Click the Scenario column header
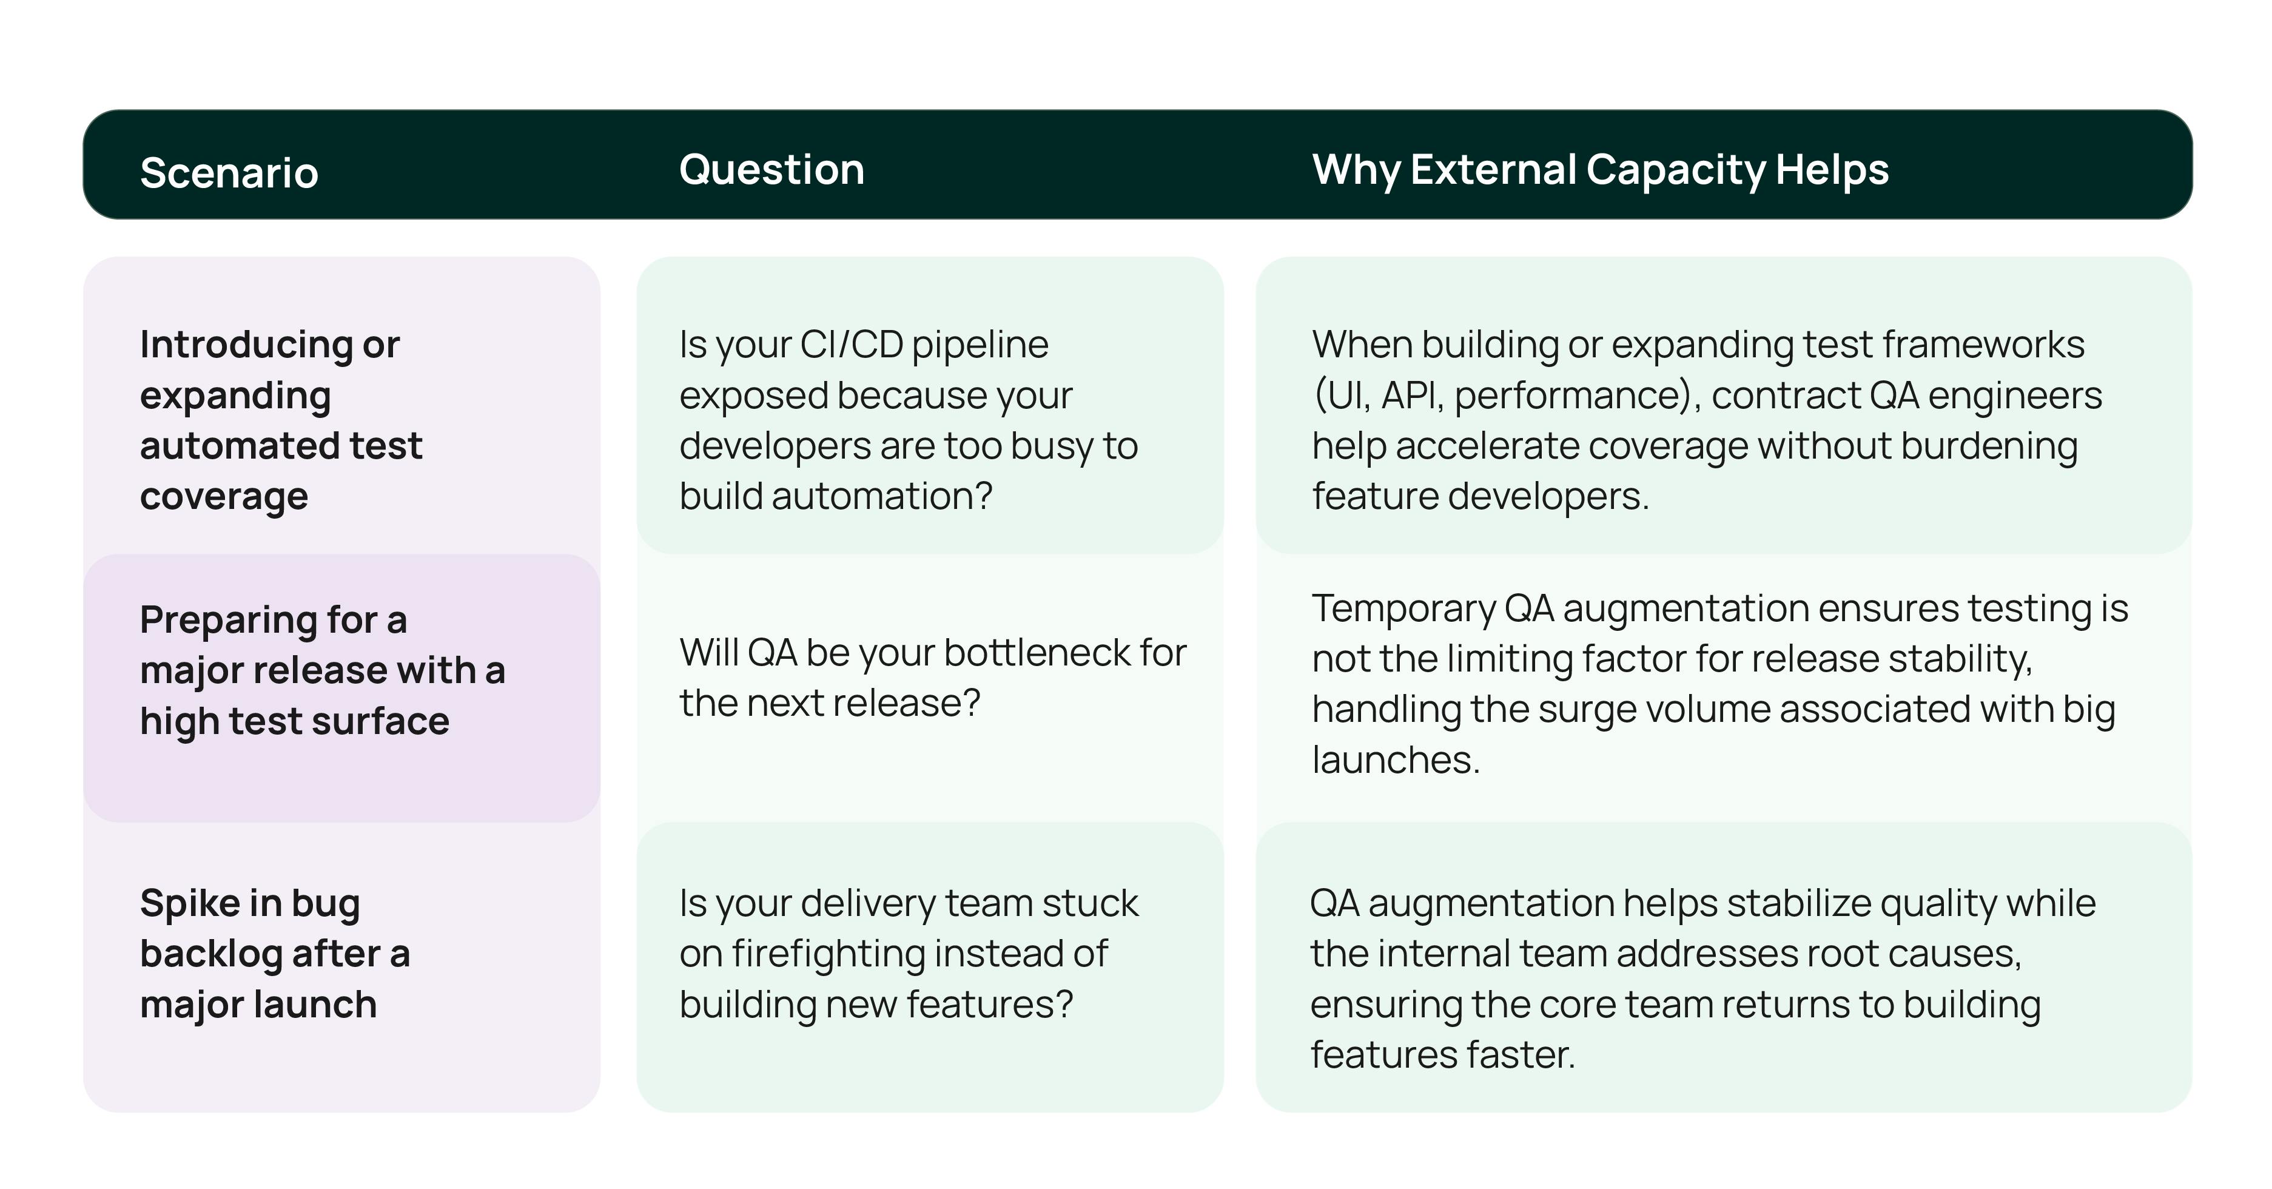(229, 172)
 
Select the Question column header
(771, 169)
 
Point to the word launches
(1396, 760)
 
